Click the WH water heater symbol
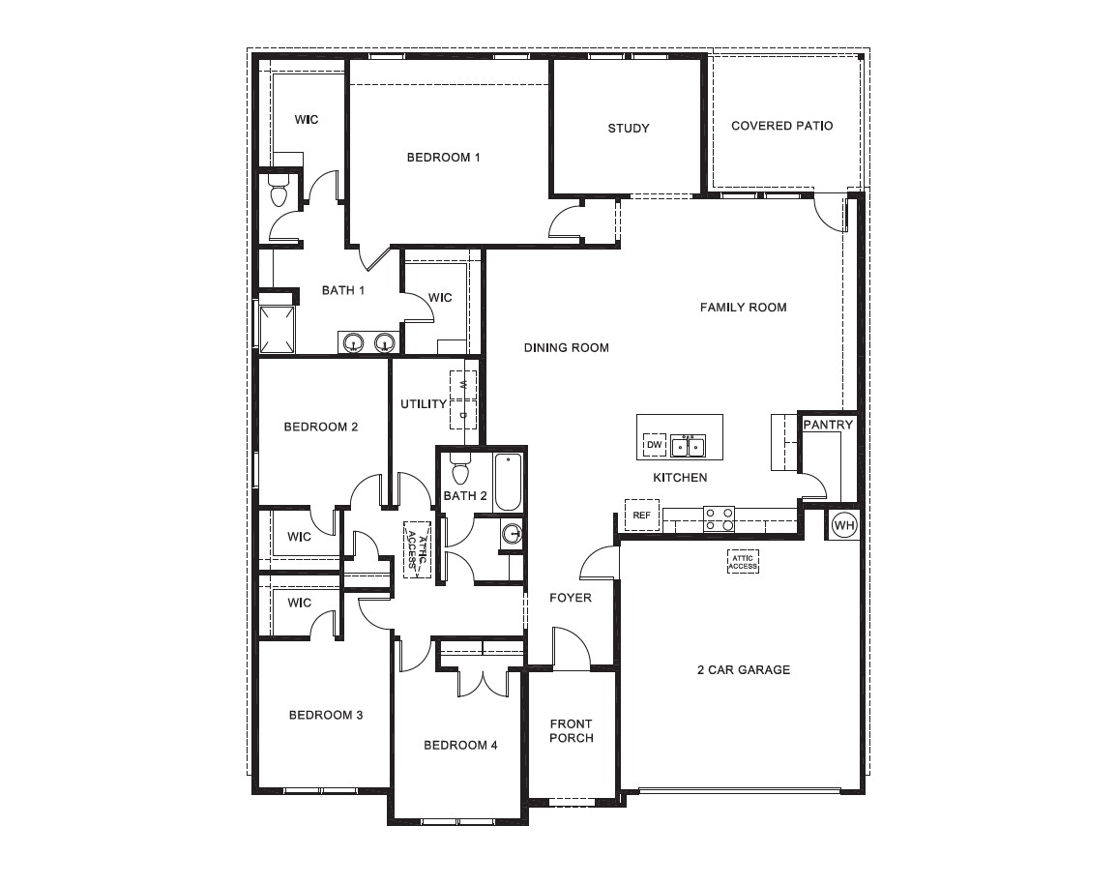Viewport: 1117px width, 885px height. click(x=844, y=525)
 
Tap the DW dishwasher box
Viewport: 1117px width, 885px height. click(x=655, y=445)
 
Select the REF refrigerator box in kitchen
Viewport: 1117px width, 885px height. click(x=641, y=516)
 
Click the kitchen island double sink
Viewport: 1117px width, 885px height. click(x=689, y=446)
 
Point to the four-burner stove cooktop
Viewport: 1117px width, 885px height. click(x=719, y=518)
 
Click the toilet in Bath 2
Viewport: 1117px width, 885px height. click(x=460, y=471)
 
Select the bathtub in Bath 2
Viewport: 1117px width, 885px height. click(x=508, y=482)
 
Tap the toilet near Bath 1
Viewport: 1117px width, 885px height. click(x=279, y=191)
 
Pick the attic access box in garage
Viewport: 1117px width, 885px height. click(x=743, y=562)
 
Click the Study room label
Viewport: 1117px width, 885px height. click(x=629, y=129)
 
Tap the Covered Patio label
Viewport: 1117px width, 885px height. click(x=781, y=126)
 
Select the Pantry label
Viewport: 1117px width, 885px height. click(x=828, y=425)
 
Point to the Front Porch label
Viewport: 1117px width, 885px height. click(x=571, y=731)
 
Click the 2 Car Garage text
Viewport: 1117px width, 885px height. click(x=744, y=669)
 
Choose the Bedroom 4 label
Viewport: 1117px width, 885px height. click(x=460, y=745)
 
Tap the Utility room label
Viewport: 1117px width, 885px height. click(x=424, y=403)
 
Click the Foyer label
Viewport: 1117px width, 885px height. click(x=570, y=598)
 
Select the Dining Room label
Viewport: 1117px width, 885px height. click(x=566, y=347)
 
